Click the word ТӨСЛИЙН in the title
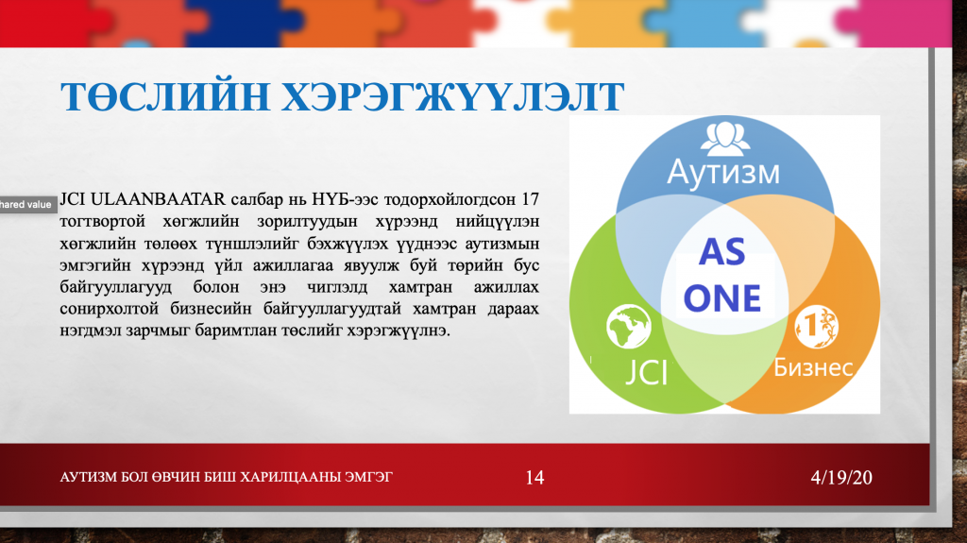[165, 97]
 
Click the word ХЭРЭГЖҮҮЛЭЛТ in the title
[453, 97]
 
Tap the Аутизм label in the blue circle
[723, 172]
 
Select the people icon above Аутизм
[724, 138]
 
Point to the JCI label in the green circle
[646, 373]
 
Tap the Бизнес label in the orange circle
[813, 367]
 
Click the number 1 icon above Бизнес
[816, 327]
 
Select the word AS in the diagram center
[722, 252]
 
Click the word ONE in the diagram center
[722, 298]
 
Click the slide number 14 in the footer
[534, 478]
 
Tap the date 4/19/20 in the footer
[841, 478]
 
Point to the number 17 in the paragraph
[530, 199]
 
